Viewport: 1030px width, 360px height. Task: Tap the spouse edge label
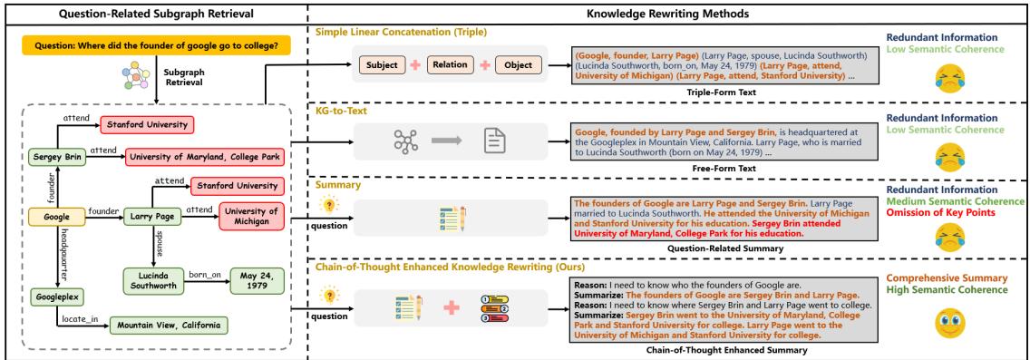(160, 245)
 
